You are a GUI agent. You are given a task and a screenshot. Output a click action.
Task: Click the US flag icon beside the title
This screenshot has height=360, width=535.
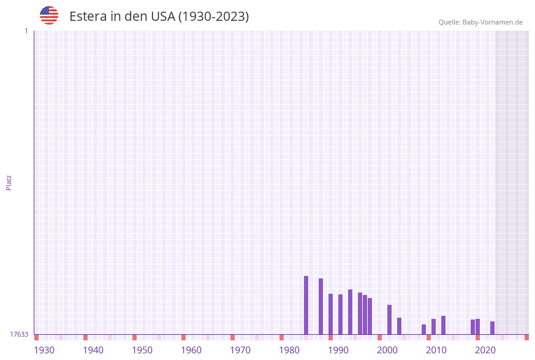49,15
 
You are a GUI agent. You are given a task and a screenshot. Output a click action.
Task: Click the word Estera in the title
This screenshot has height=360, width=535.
89,17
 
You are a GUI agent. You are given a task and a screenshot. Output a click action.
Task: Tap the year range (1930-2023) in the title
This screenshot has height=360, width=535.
213,17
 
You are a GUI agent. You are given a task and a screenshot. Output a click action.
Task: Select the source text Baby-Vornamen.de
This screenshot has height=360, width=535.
493,22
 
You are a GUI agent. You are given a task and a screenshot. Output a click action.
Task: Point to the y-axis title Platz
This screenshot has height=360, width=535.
9,182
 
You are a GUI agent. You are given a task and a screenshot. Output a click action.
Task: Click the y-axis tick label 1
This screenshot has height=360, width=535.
26,31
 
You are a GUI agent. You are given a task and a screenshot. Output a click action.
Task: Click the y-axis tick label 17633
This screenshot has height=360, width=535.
19,334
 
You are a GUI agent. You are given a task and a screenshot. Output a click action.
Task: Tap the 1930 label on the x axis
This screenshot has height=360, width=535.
44,350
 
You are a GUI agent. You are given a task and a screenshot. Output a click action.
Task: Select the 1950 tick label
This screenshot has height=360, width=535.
142,350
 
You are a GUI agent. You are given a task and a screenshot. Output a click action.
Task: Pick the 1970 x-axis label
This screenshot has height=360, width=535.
240,350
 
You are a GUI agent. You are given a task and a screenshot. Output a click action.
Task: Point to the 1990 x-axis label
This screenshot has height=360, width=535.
338,350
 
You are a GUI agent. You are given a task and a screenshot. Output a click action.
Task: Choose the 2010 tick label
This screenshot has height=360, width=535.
436,350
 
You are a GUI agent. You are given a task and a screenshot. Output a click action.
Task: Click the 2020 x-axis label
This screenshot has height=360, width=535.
485,350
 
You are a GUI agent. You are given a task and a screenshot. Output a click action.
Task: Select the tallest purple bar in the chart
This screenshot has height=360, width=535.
306,305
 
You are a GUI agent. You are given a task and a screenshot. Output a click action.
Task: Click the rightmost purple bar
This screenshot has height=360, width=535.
492,327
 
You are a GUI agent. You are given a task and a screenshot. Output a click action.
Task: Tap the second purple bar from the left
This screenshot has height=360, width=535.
321,306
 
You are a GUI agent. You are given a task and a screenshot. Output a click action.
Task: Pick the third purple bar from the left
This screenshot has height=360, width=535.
330,314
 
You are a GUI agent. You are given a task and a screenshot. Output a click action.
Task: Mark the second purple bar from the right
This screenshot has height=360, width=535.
478,326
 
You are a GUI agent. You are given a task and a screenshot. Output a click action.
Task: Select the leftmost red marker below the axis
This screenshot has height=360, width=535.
37,337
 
